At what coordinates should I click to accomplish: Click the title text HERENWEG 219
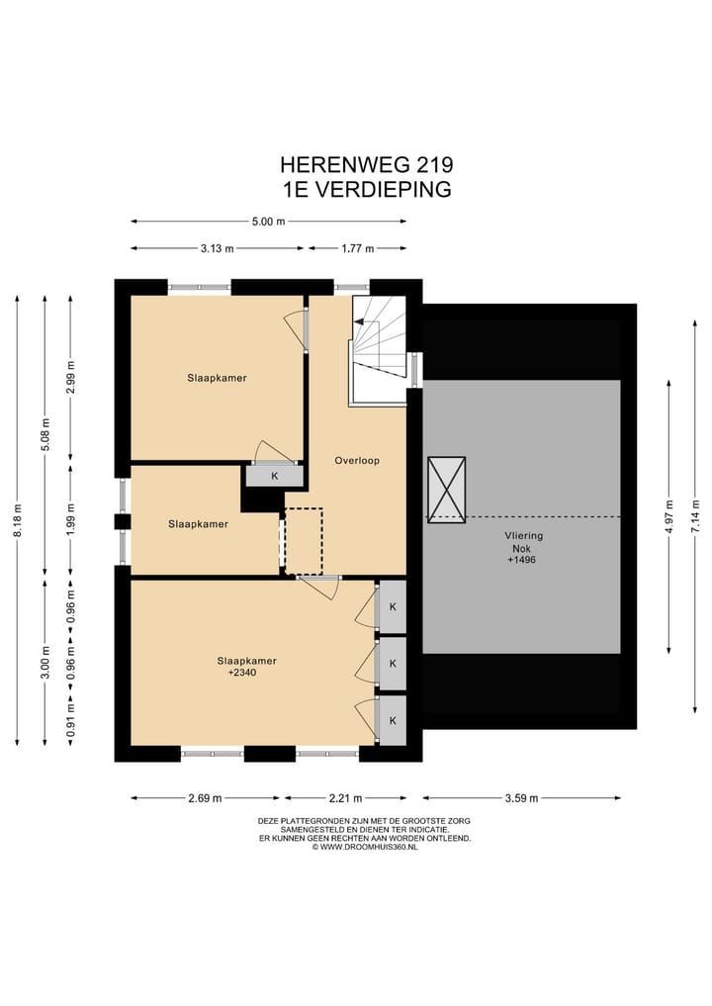(x=366, y=165)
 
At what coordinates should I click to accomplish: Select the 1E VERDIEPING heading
(x=367, y=189)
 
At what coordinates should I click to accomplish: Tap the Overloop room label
(x=357, y=460)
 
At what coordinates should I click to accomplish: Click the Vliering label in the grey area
(x=523, y=535)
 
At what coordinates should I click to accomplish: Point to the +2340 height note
(x=242, y=672)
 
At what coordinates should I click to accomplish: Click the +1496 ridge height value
(x=521, y=560)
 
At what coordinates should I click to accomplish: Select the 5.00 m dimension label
(x=268, y=222)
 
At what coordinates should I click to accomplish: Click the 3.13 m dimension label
(x=217, y=248)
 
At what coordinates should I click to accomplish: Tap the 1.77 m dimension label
(x=357, y=248)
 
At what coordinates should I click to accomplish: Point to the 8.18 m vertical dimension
(x=18, y=520)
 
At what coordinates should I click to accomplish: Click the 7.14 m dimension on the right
(x=695, y=516)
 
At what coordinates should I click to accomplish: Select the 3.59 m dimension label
(x=521, y=798)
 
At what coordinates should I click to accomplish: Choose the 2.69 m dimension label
(x=206, y=798)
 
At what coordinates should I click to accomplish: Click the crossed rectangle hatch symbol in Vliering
(x=446, y=490)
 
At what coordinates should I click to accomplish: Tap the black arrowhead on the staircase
(x=359, y=321)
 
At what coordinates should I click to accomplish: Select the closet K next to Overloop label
(x=275, y=476)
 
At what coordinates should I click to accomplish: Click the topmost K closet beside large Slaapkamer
(x=393, y=607)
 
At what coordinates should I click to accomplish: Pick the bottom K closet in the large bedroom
(x=393, y=720)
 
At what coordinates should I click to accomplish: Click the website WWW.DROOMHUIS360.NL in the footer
(x=365, y=847)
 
